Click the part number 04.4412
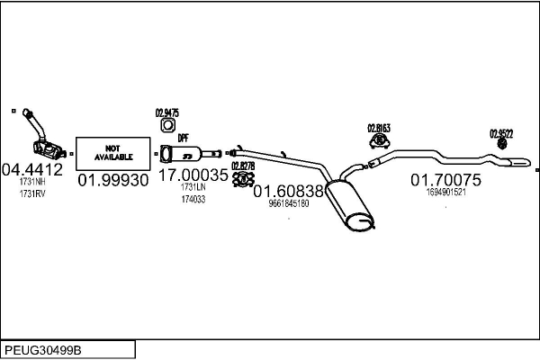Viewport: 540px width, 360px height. click(31, 168)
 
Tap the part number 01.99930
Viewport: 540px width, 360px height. click(112, 181)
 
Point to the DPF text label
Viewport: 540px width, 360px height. click(183, 138)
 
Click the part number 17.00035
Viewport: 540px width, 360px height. click(193, 175)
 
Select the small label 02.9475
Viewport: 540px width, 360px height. click(167, 112)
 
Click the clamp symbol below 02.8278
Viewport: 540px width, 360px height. click(241, 179)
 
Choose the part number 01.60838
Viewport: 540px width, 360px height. click(288, 191)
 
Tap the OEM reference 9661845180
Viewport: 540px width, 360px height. click(288, 204)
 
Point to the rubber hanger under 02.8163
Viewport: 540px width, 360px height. click(380, 140)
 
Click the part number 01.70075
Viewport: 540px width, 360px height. click(445, 180)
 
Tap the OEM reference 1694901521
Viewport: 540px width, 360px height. click(445, 193)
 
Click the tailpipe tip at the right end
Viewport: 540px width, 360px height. click(520, 164)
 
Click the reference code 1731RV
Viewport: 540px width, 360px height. click(31, 193)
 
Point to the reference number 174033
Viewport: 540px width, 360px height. click(193, 199)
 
